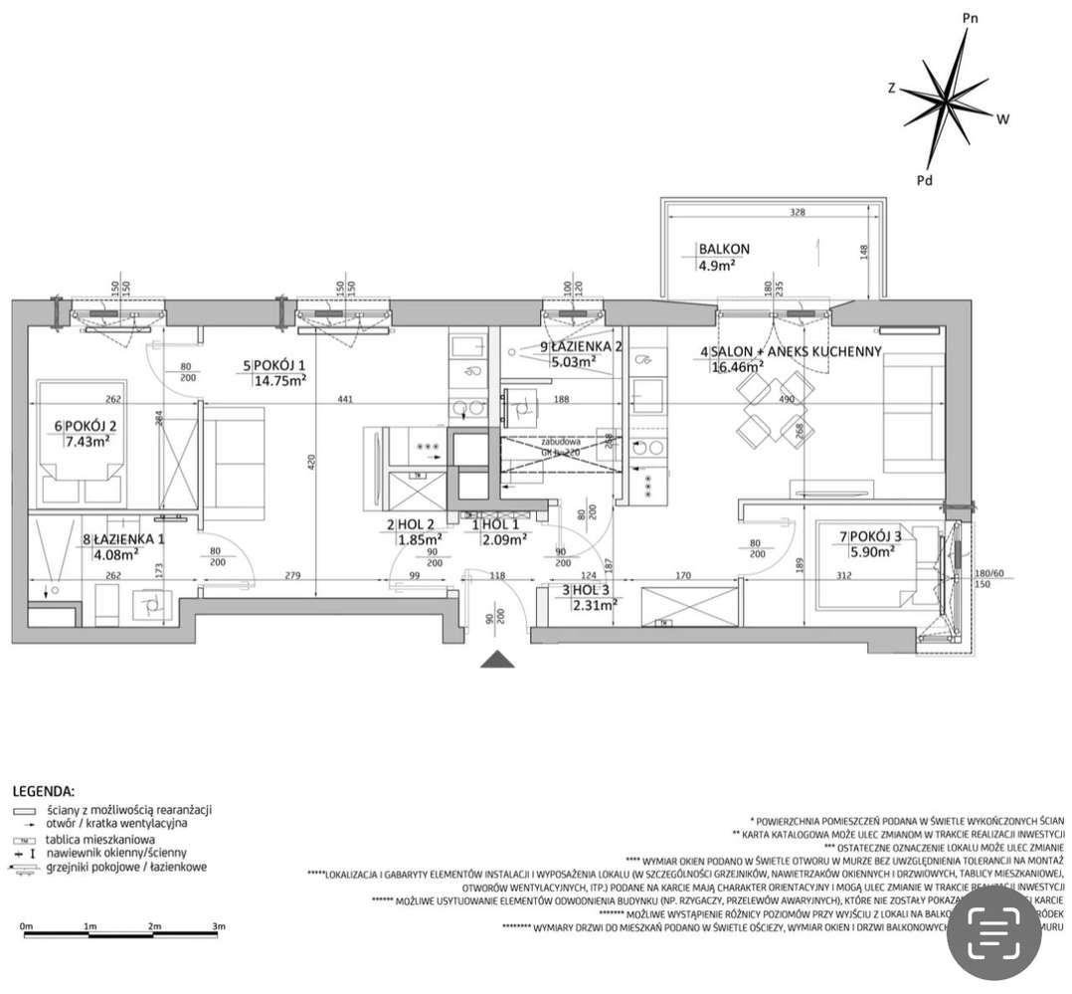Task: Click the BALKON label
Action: (x=723, y=249)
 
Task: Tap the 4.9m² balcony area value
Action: (x=717, y=265)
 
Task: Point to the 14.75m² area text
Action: (x=280, y=379)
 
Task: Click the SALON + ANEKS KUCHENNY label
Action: (x=795, y=351)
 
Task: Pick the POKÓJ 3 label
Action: (x=875, y=537)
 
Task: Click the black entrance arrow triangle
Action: (x=495, y=661)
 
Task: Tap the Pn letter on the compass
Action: (x=972, y=18)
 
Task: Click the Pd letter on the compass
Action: (x=924, y=180)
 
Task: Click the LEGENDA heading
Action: (x=43, y=792)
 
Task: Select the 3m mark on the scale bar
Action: (x=218, y=926)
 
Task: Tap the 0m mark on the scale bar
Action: (x=27, y=926)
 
